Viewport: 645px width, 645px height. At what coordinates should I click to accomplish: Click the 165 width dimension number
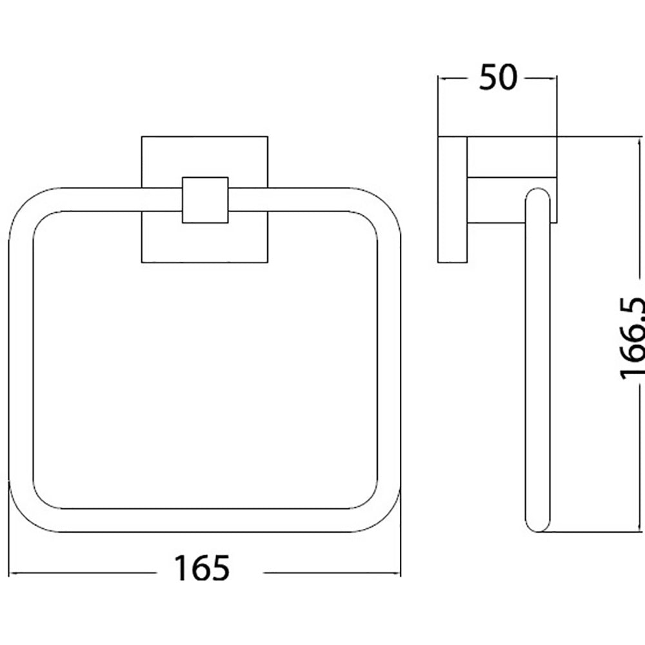coord(201,568)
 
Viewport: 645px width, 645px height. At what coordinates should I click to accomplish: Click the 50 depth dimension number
coord(498,77)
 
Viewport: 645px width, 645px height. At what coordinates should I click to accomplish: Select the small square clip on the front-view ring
coord(205,200)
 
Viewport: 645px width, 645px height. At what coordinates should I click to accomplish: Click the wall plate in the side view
coord(453,199)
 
